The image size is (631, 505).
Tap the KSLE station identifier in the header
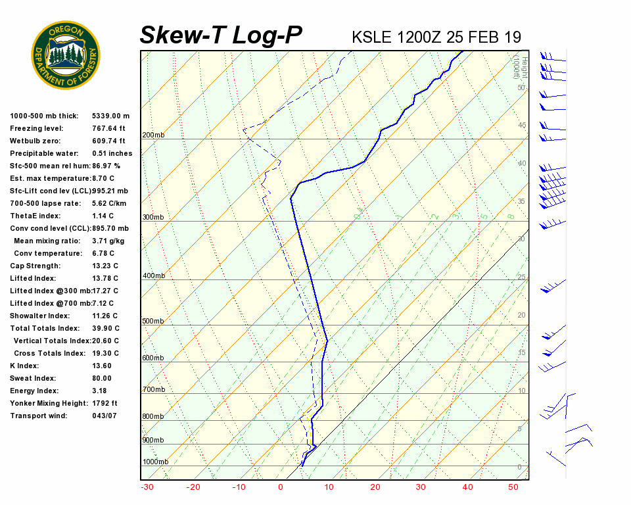click(373, 37)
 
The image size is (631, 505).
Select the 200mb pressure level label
click(153, 135)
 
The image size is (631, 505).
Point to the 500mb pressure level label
click(153, 322)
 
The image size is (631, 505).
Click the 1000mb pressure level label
click(154, 462)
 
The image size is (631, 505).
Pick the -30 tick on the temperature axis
click(147, 487)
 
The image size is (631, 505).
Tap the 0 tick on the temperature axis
click(281, 487)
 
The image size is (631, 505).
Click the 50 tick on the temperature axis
click(513, 487)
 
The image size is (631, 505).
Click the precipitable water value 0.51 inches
click(112, 153)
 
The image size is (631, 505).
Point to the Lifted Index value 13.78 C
click(104, 278)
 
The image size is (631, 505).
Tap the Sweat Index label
click(32, 378)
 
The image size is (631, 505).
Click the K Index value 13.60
click(102, 366)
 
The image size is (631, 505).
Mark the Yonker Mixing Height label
click(45, 403)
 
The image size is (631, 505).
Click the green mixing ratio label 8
click(510, 216)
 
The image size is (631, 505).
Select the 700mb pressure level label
click(153, 390)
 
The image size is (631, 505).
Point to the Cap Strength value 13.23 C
click(104, 266)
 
